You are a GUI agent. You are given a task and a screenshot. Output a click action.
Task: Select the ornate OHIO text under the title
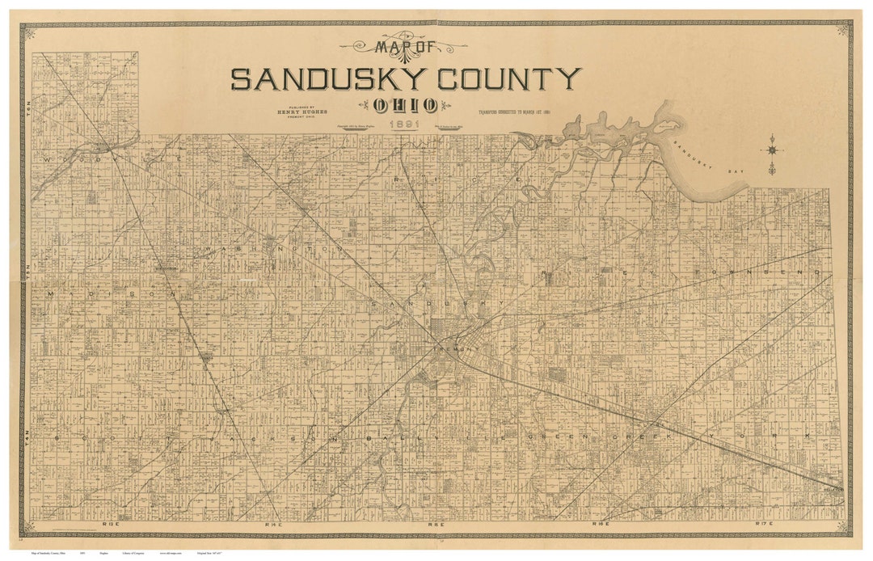coord(406,104)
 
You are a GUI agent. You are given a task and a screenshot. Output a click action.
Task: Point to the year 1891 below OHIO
coord(404,125)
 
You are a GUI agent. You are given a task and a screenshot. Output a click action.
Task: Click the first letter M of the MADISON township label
coord(50,293)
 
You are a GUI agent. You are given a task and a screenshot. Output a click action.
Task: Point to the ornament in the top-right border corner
coord(843,29)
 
